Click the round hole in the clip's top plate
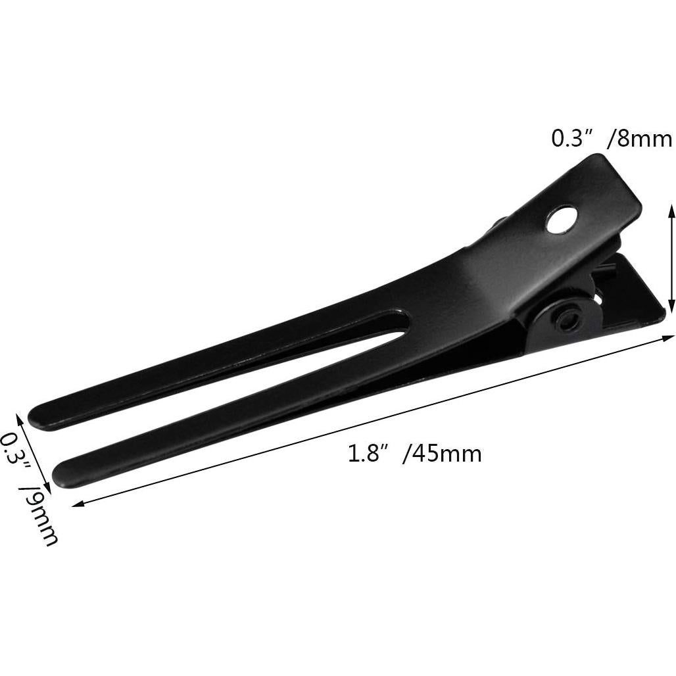click(x=561, y=220)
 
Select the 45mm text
click(x=447, y=454)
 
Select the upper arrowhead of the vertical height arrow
click(x=671, y=208)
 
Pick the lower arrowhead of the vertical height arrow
click(x=671, y=306)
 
